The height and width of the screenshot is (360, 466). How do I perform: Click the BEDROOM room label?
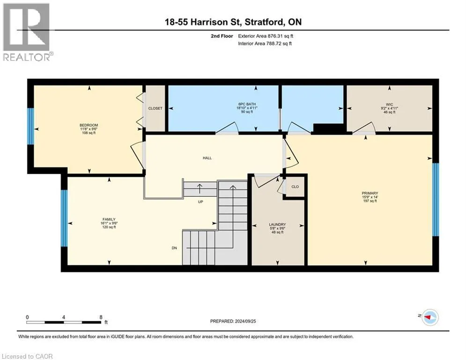click(x=89, y=125)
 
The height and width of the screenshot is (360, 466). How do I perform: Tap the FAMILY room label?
click(x=109, y=219)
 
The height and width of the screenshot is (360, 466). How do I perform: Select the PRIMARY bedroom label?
click(x=370, y=193)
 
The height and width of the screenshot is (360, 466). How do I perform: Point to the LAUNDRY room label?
click(x=277, y=225)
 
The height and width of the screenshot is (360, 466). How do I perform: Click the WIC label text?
click(x=389, y=105)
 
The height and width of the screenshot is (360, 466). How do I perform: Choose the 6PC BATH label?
click(x=247, y=104)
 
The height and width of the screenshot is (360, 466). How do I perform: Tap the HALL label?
click(x=207, y=158)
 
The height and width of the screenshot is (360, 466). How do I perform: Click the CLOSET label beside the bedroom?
click(x=155, y=108)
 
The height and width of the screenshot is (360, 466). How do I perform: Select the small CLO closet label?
click(x=295, y=187)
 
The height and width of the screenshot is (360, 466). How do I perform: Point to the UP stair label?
click(x=200, y=202)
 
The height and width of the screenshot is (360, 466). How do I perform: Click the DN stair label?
click(x=174, y=248)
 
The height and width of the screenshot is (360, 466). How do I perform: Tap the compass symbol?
click(x=430, y=317)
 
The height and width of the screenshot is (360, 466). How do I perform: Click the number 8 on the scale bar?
click(x=101, y=317)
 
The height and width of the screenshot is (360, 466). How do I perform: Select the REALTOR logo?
click(x=27, y=32)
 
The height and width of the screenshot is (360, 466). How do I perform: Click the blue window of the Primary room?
click(x=436, y=199)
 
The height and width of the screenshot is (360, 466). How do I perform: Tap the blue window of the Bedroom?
click(x=30, y=126)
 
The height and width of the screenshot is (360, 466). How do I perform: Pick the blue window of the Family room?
click(x=64, y=218)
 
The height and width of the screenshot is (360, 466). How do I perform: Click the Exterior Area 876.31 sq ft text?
click(x=266, y=36)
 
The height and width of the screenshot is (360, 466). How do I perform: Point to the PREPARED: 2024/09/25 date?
click(x=233, y=321)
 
